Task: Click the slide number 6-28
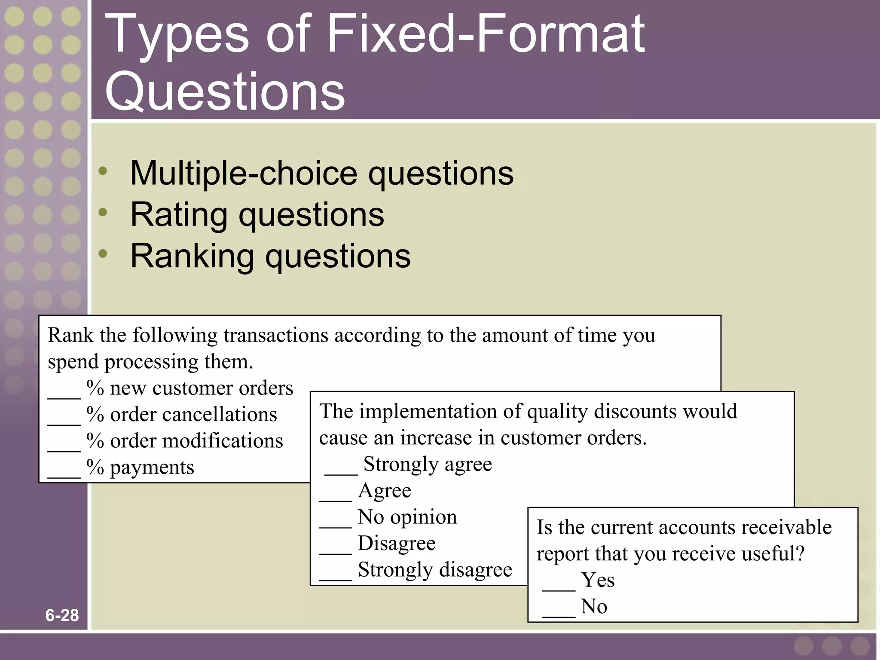(x=62, y=615)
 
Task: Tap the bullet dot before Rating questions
(x=103, y=212)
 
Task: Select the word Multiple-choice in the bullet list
(x=243, y=173)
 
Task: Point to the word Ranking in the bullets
(x=192, y=257)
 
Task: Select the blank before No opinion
(x=335, y=525)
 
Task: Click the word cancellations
(x=219, y=415)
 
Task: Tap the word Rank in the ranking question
(x=70, y=335)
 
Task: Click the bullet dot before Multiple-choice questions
(x=103, y=171)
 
